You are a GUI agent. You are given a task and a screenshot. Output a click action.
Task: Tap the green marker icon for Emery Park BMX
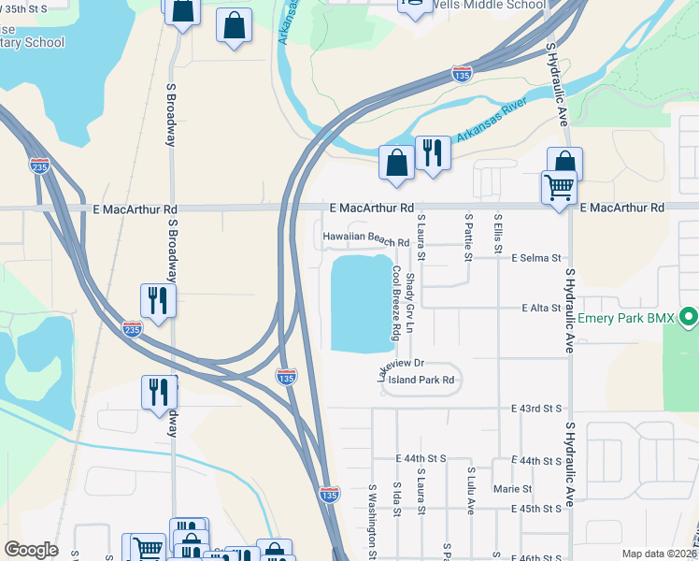690,318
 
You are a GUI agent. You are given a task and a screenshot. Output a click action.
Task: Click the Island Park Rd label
421,380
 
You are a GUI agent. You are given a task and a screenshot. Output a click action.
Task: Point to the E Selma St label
535,257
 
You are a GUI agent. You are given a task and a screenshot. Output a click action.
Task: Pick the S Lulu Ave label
471,491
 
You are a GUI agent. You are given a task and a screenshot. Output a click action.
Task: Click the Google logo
31,549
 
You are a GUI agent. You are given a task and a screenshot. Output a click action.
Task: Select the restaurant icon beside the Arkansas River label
433,153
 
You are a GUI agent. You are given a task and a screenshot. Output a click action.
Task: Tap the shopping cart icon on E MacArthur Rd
559,188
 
